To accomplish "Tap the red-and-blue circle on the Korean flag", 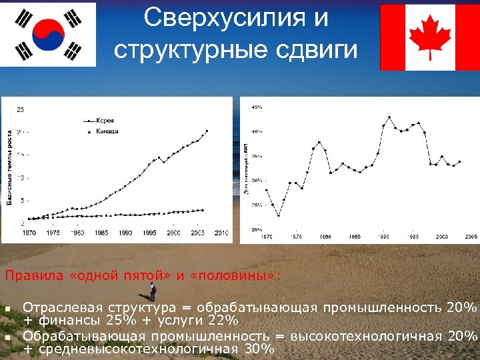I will pyautogui.click(x=47, y=35).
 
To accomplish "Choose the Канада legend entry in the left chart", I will pyautogui.click(x=107, y=131).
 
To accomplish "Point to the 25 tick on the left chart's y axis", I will pyautogui.click(x=21, y=109).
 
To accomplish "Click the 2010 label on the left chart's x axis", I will pyautogui.click(x=221, y=233).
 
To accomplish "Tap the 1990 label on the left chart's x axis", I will pyautogui.click(x=125, y=233).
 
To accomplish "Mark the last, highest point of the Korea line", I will pyautogui.click(x=207, y=131).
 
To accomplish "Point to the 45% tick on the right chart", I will pyautogui.click(x=257, y=107).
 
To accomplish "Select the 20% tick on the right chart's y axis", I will pyautogui.click(x=257, y=229).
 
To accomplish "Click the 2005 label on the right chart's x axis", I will pyautogui.click(x=471, y=237).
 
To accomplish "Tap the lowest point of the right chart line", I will pyautogui.click(x=279, y=215).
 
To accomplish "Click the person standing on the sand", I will pyautogui.click(x=153, y=291).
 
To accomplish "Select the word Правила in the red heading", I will pyautogui.click(x=27, y=275).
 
